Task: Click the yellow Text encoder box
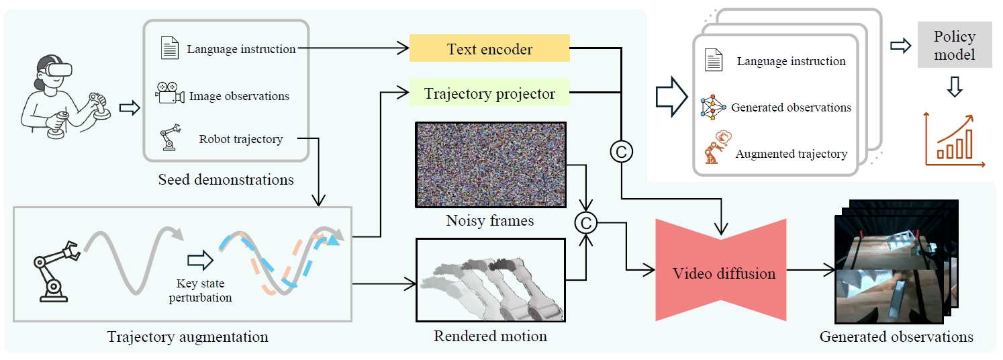[489, 48]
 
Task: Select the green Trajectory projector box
[489, 93]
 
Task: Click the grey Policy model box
[954, 45]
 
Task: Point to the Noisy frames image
[490, 164]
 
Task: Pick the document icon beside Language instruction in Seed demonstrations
[170, 49]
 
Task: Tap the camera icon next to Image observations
[170, 95]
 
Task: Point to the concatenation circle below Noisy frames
[586, 223]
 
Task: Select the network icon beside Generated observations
[713, 107]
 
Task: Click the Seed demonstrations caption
[226, 179]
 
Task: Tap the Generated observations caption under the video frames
[896, 336]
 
